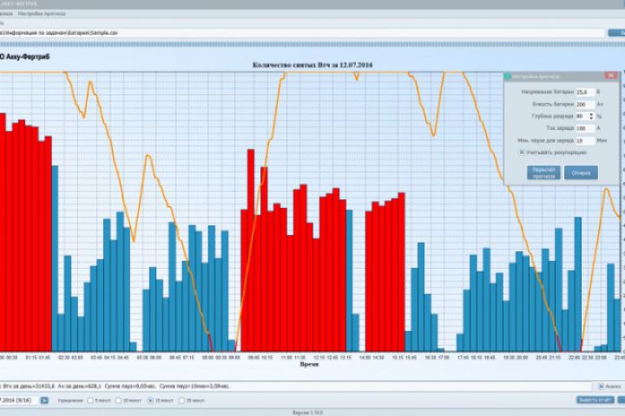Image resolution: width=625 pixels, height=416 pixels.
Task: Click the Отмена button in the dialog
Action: tap(581, 172)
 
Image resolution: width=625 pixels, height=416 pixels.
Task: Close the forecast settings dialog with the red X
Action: tap(611, 76)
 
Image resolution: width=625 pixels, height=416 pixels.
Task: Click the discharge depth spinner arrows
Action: tap(591, 115)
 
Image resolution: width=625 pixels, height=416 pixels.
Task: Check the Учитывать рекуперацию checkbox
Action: tap(523, 152)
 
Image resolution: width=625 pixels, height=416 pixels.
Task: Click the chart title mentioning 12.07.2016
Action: tap(312, 64)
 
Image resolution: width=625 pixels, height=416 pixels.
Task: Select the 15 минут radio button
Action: tap(151, 400)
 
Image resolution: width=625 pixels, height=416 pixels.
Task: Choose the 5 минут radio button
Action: tap(89, 400)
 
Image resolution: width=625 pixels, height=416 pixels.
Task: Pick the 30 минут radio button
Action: tap(182, 400)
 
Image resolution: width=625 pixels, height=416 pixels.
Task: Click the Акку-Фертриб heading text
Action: tap(26, 55)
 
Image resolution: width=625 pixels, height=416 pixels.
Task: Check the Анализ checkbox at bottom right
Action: tap(600, 386)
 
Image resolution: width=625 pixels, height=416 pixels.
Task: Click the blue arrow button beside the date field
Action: tap(44, 400)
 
